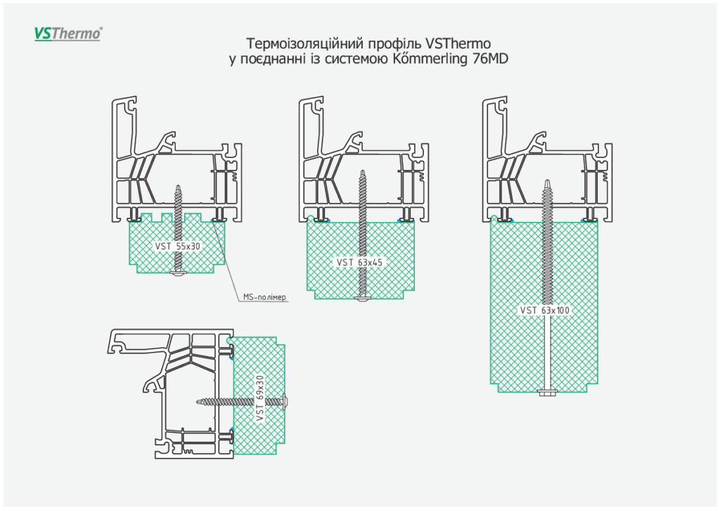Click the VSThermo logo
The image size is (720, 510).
[68, 33]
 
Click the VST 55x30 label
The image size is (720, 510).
[178, 246]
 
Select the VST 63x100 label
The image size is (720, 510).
[544, 309]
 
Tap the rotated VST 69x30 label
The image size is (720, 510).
[259, 399]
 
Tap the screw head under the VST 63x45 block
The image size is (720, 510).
[363, 300]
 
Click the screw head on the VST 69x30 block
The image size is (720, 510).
[290, 401]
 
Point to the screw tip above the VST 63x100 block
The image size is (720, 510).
[546, 183]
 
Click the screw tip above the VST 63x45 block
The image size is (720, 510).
[363, 173]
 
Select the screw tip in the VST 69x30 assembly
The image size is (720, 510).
[197, 401]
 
